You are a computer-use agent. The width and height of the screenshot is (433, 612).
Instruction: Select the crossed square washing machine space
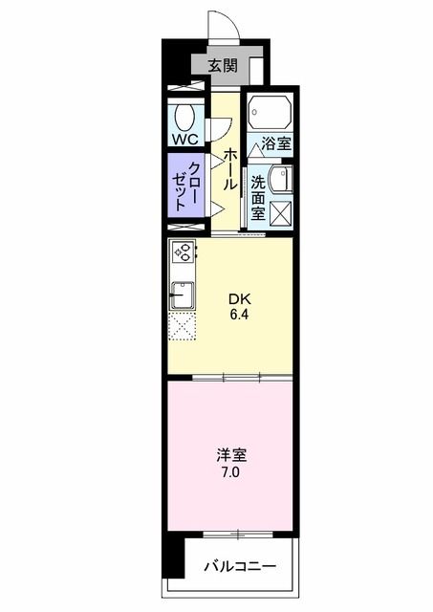point(281,213)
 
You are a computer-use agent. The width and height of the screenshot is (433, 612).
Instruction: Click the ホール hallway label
point(229,167)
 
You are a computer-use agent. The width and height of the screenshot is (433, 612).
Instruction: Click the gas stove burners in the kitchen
point(183,254)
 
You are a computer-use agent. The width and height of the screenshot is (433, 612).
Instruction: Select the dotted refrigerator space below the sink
point(183,326)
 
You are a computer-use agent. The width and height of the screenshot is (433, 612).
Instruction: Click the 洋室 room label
point(227,456)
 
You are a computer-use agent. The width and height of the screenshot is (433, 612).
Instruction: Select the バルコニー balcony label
point(240,567)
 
